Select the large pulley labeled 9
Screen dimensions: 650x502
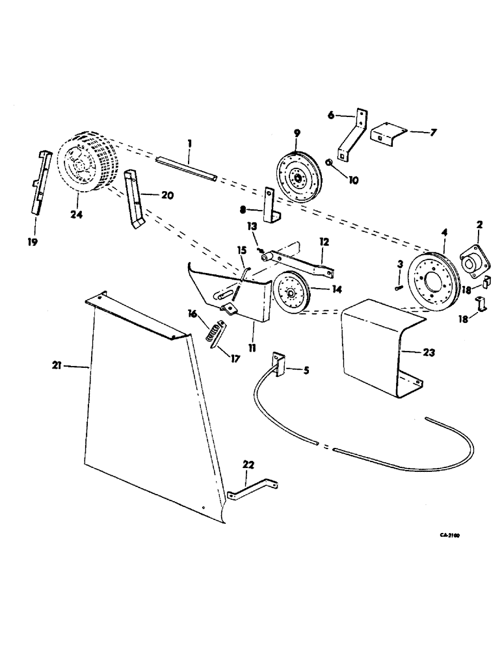pyautogui.click(x=296, y=175)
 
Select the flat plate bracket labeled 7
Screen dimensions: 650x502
pyautogui.click(x=388, y=135)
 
